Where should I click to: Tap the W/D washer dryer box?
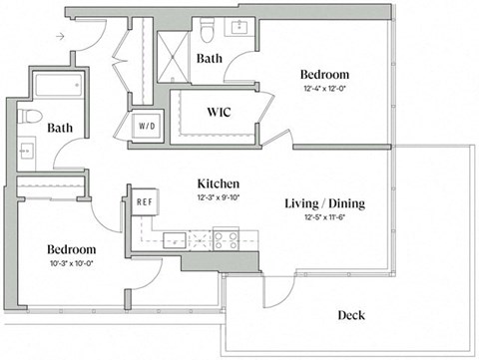pos(148,126)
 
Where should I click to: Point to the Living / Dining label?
pos(324,204)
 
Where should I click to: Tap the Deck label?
pos(350,315)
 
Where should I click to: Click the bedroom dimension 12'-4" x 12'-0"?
pos(325,89)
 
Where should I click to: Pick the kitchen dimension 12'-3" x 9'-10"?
pos(217,196)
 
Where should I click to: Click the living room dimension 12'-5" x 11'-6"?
pos(325,219)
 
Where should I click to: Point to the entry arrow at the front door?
pos(62,37)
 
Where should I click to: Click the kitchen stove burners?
pos(220,239)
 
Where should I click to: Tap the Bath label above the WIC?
pos(210,59)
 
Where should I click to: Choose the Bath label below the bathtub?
pos(60,128)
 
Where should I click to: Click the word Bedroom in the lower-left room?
pos(70,249)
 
